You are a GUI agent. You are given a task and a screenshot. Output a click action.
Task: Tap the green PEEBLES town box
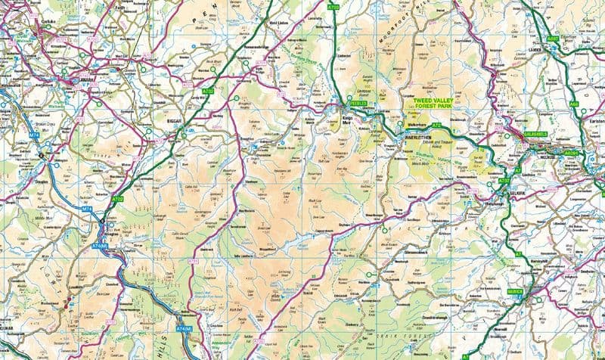[x=358, y=103]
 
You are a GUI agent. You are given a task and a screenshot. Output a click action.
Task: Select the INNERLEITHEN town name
[x=417, y=137]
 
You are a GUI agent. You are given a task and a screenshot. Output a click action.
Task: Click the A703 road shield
[x=334, y=7]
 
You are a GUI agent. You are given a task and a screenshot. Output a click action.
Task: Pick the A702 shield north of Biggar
[x=209, y=91]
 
